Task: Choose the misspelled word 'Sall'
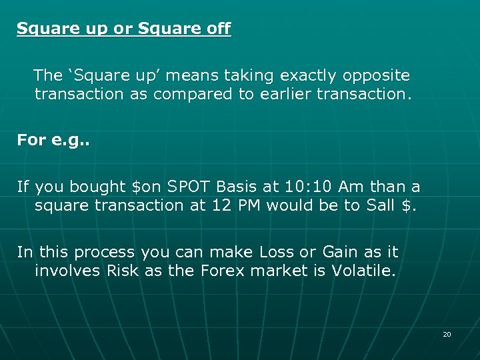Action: pyautogui.click(x=381, y=205)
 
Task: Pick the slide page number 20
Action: pyautogui.click(x=447, y=334)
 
